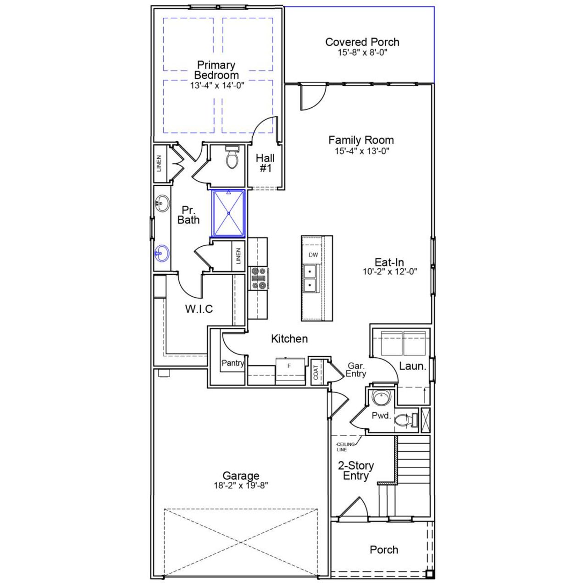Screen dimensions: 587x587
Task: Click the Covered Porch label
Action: tap(362, 42)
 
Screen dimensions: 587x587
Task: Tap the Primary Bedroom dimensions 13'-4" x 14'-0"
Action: tap(217, 85)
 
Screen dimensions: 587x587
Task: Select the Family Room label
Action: tap(361, 140)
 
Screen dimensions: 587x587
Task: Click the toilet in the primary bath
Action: tap(232, 159)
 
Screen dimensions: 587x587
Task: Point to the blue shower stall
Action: tap(228, 214)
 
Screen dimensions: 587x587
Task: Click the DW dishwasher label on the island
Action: tap(313, 255)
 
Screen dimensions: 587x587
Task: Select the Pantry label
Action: tap(233, 363)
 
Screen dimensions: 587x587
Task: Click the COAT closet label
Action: tap(316, 372)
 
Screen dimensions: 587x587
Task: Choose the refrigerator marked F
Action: tap(290, 371)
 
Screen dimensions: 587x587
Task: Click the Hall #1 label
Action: tap(266, 163)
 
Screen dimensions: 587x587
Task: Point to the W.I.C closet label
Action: tap(199, 309)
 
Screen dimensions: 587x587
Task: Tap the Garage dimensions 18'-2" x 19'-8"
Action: tap(241, 486)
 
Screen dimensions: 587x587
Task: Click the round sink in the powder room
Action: tap(381, 398)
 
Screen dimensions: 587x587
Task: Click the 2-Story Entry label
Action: tap(356, 471)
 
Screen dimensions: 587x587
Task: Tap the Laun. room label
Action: tap(413, 366)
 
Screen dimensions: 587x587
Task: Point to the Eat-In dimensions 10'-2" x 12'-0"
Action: tap(390, 271)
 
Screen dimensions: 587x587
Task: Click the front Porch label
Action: tap(384, 549)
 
